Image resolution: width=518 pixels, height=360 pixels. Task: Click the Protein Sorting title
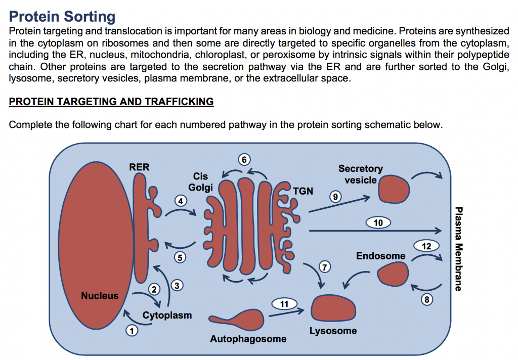(x=62, y=16)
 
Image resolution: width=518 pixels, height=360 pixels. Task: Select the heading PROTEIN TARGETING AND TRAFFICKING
(x=111, y=102)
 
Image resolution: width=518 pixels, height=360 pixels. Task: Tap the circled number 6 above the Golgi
(x=244, y=160)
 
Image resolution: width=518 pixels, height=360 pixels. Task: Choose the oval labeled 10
(x=378, y=222)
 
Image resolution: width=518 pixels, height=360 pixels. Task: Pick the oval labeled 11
(x=284, y=303)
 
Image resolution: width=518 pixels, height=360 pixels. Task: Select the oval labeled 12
(x=426, y=246)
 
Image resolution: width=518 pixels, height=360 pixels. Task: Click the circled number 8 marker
(x=427, y=300)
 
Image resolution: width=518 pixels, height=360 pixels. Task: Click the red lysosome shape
(x=333, y=308)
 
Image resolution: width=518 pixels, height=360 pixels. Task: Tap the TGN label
(x=303, y=191)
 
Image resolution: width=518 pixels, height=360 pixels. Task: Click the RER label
(x=139, y=167)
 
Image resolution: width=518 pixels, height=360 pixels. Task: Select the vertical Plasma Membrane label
(x=458, y=249)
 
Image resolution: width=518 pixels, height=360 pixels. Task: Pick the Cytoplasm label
(x=167, y=315)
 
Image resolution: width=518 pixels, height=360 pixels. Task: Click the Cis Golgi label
(x=200, y=182)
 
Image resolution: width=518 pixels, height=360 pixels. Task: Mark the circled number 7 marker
(x=324, y=266)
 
